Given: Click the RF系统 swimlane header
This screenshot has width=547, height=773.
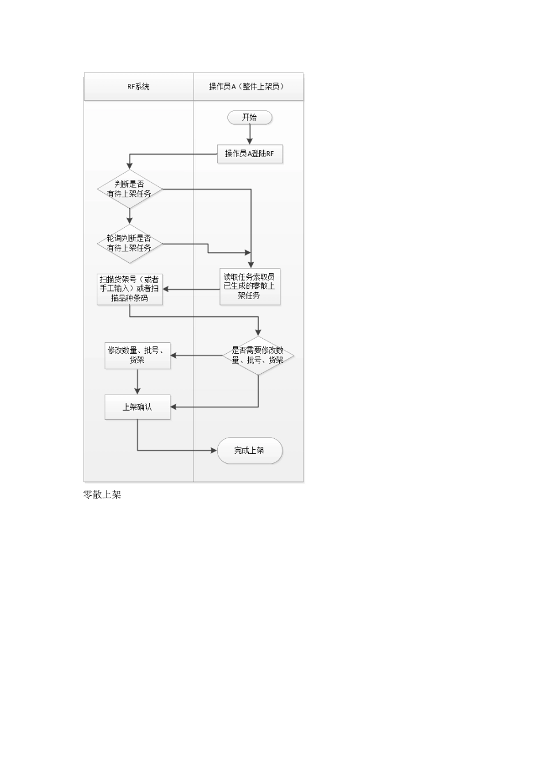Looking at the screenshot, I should click(x=138, y=87).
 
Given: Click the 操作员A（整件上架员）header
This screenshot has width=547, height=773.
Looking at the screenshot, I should click(x=248, y=87).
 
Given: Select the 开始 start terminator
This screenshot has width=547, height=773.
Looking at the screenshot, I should click(x=249, y=117).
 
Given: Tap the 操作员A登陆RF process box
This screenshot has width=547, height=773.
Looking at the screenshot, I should click(x=249, y=154).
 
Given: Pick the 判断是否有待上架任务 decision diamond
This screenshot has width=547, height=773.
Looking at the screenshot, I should click(x=130, y=189).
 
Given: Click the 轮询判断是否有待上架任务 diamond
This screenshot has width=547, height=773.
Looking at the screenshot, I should click(x=130, y=243).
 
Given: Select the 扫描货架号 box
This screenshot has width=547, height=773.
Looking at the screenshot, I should click(x=130, y=289).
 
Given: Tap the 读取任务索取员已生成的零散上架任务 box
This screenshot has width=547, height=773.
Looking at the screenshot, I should click(x=249, y=286).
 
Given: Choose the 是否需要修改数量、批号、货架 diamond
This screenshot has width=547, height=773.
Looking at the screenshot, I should click(x=258, y=355).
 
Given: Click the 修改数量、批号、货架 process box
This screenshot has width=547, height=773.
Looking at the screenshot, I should click(x=138, y=355).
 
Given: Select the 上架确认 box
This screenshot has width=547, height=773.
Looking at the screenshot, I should click(x=138, y=407).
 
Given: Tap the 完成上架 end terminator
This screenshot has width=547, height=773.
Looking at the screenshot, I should click(x=249, y=450).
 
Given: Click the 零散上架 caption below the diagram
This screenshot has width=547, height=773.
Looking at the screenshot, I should click(x=102, y=495).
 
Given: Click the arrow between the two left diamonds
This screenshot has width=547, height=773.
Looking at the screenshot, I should click(x=130, y=216).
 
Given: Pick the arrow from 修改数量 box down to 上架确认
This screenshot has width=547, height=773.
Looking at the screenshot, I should click(x=138, y=382).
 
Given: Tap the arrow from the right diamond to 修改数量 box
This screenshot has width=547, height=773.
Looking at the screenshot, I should click(x=196, y=355).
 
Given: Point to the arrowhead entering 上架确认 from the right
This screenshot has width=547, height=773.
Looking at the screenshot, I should click(x=174, y=407).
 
